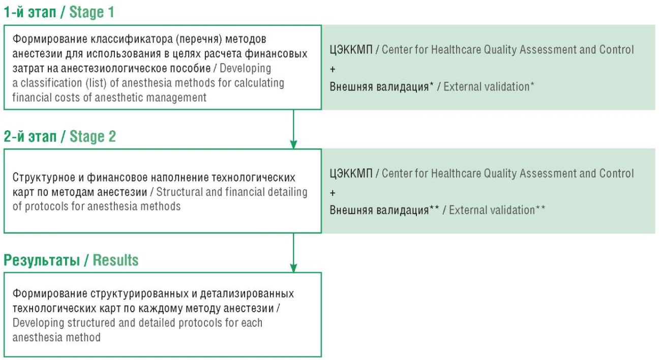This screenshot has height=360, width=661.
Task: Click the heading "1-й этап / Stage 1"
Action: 58,12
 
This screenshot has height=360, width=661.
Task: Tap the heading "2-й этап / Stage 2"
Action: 59,136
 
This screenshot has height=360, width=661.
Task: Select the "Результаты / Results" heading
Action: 71,260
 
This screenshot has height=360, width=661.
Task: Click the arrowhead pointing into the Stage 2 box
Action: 293,144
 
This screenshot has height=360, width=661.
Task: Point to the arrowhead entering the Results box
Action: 293,268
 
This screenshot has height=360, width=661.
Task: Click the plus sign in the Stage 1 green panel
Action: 333,69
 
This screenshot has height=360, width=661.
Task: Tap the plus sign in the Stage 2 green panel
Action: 333,193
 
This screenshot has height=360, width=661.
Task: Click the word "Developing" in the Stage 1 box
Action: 245,68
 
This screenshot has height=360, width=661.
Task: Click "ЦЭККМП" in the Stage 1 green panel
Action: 351,49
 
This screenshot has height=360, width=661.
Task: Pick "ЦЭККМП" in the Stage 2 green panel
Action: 351,173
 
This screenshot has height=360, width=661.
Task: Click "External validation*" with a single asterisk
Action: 489,86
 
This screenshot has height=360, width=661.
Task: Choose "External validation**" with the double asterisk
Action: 497,210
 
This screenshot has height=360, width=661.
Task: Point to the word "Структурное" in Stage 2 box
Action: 44,177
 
